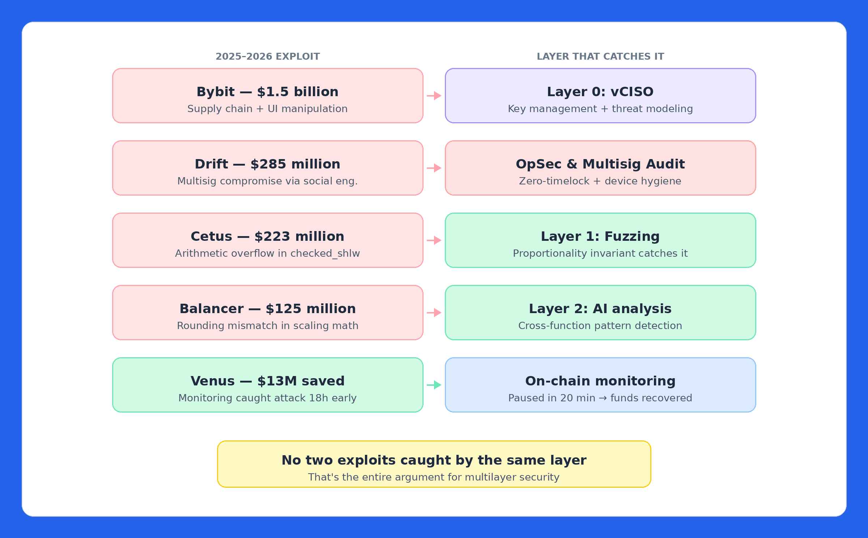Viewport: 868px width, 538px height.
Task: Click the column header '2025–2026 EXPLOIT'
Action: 268,56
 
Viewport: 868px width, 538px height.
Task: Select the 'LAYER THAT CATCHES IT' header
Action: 600,56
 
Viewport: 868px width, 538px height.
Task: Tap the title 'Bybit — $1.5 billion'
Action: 267,92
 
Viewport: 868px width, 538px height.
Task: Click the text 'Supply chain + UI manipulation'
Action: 267,109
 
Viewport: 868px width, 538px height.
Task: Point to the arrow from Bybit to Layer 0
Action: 434,96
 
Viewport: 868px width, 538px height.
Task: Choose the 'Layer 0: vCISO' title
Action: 600,92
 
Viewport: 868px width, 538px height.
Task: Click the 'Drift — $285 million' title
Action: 267,164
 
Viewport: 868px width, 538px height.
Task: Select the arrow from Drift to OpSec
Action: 434,168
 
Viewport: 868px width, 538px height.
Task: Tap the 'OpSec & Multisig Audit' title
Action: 600,164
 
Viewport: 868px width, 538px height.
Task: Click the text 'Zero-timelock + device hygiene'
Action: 600,181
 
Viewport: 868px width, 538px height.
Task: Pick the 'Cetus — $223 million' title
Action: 267,236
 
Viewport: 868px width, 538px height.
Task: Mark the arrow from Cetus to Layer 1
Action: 434,240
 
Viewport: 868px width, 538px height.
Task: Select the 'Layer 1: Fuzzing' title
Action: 600,236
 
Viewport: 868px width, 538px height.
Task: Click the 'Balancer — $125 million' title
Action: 267,309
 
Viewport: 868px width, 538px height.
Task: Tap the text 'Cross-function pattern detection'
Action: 600,326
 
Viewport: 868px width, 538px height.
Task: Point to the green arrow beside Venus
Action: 434,385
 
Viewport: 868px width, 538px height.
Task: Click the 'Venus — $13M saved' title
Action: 267,381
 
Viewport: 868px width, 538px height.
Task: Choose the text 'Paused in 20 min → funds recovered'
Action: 600,398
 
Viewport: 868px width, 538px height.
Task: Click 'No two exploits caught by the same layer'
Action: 434,460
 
